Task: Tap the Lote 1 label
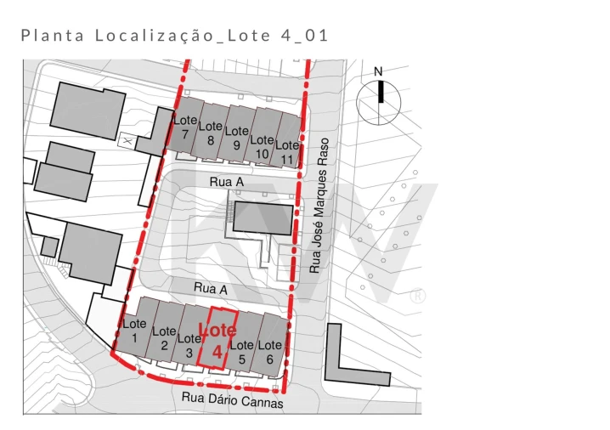coord(134,331)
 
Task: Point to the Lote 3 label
coord(189,345)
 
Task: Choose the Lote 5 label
coord(242,352)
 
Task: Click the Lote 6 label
coord(269,352)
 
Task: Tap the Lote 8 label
coord(211,133)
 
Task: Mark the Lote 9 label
coord(237,138)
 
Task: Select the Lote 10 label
coord(263,146)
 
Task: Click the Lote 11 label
coord(288,152)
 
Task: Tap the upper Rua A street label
coord(227,182)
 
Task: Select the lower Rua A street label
coord(211,289)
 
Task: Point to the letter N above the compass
coord(379,71)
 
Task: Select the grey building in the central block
coord(264,218)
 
